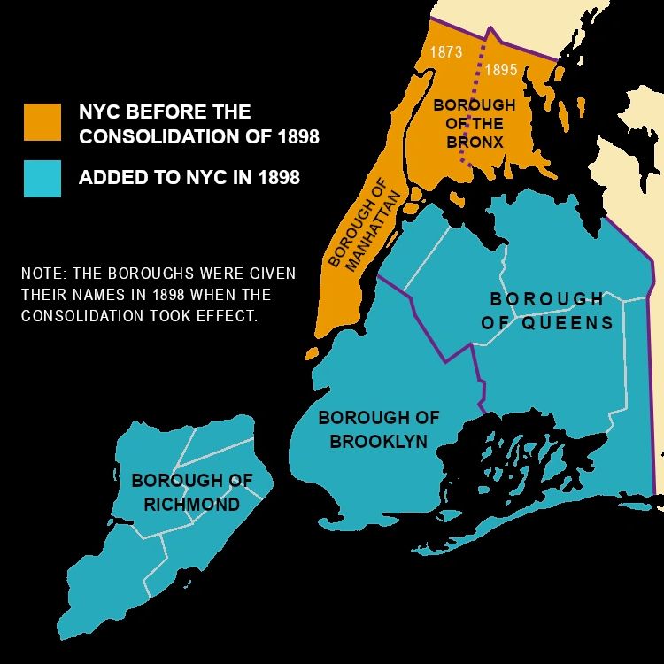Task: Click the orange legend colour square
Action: (42, 122)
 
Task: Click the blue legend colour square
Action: (42, 178)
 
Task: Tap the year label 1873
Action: (446, 52)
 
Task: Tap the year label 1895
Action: (501, 70)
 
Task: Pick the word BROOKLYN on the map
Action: (379, 441)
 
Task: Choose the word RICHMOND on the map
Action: (192, 504)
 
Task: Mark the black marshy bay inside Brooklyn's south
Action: (522, 460)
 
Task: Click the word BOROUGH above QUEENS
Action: (546, 299)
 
